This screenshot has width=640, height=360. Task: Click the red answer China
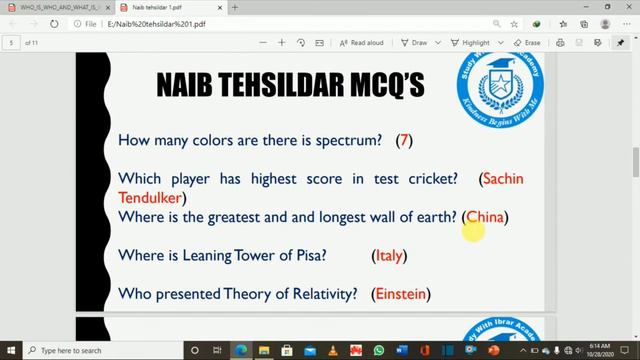tap(485, 216)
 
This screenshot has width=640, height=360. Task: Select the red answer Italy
tap(389, 255)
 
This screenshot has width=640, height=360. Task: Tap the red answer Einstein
tap(400, 294)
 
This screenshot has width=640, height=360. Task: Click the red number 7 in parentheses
tap(404, 141)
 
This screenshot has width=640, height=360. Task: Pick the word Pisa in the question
tap(307, 255)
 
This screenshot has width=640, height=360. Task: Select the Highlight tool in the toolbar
tap(471, 43)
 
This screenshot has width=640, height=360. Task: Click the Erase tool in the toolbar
tap(527, 43)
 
